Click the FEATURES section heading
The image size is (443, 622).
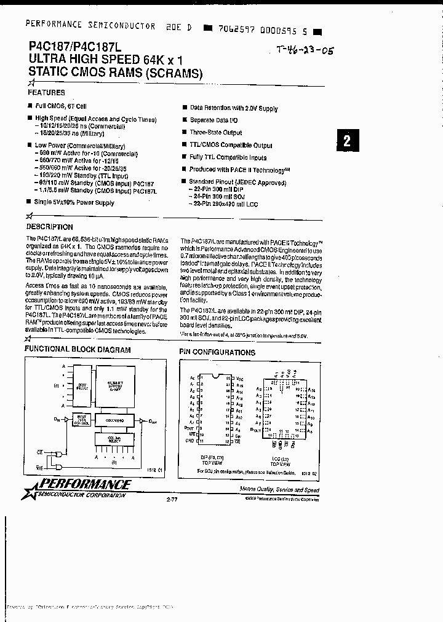[x=46, y=93]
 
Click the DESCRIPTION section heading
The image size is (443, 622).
[x=51, y=227]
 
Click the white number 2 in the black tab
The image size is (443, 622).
[x=347, y=141]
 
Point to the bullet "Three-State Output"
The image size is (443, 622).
[x=215, y=133]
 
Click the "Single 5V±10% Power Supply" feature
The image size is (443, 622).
[x=74, y=203]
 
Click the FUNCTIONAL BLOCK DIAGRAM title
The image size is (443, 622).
[x=78, y=350]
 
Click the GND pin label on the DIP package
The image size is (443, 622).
[x=191, y=441]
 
